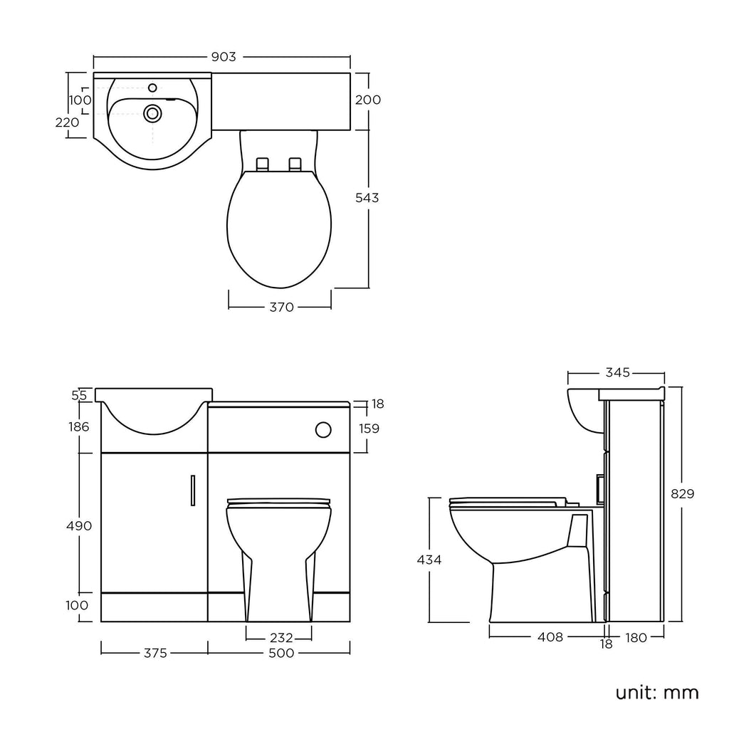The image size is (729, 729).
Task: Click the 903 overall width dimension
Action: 222,57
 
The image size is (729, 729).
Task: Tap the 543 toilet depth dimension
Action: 367,198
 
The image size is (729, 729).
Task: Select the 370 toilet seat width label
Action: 281,308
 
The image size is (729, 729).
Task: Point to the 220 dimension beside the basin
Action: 67,122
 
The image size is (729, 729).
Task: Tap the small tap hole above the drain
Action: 152,88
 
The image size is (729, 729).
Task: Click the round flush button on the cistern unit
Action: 322,429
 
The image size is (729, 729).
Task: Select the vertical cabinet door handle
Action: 192,491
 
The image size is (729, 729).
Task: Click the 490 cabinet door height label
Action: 78,525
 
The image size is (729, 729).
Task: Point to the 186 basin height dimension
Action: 79,426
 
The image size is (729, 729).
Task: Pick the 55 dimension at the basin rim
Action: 79,394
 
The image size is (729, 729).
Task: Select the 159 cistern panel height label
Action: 368,429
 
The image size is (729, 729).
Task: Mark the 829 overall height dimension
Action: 681,493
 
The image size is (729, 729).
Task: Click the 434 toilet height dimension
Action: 429,560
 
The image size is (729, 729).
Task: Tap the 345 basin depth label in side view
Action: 617,372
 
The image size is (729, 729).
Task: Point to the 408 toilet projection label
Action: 549,637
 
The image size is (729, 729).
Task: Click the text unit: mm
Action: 657,692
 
